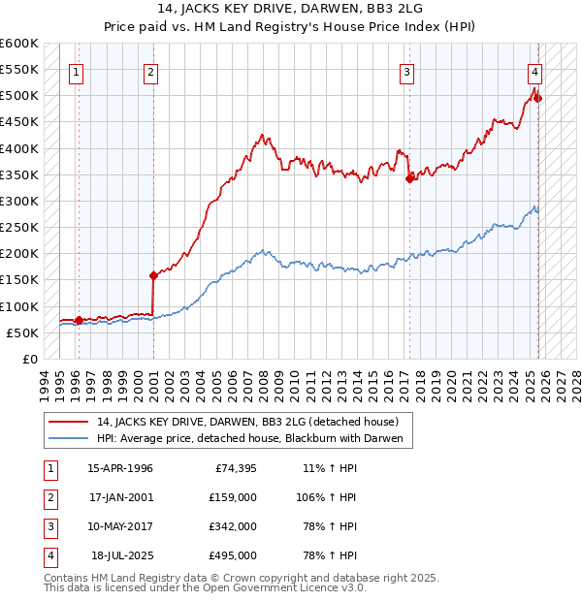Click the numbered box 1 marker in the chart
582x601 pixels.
77,71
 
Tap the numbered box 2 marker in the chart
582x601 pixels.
151,71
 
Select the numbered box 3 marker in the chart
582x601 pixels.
407,71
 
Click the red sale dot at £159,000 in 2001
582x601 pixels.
153,275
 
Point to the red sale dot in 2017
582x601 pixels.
409,178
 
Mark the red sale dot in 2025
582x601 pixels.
538,98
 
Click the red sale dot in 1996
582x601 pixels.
79,320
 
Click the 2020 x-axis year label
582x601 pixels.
451,383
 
